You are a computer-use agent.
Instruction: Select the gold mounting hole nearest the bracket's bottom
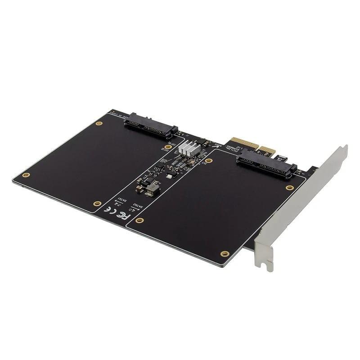pyautogui.click(x=225, y=254)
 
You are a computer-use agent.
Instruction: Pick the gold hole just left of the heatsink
pyautogui.click(x=167, y=147)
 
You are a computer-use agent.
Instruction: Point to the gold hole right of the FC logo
pyautogui.click(x=140, y=220)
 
